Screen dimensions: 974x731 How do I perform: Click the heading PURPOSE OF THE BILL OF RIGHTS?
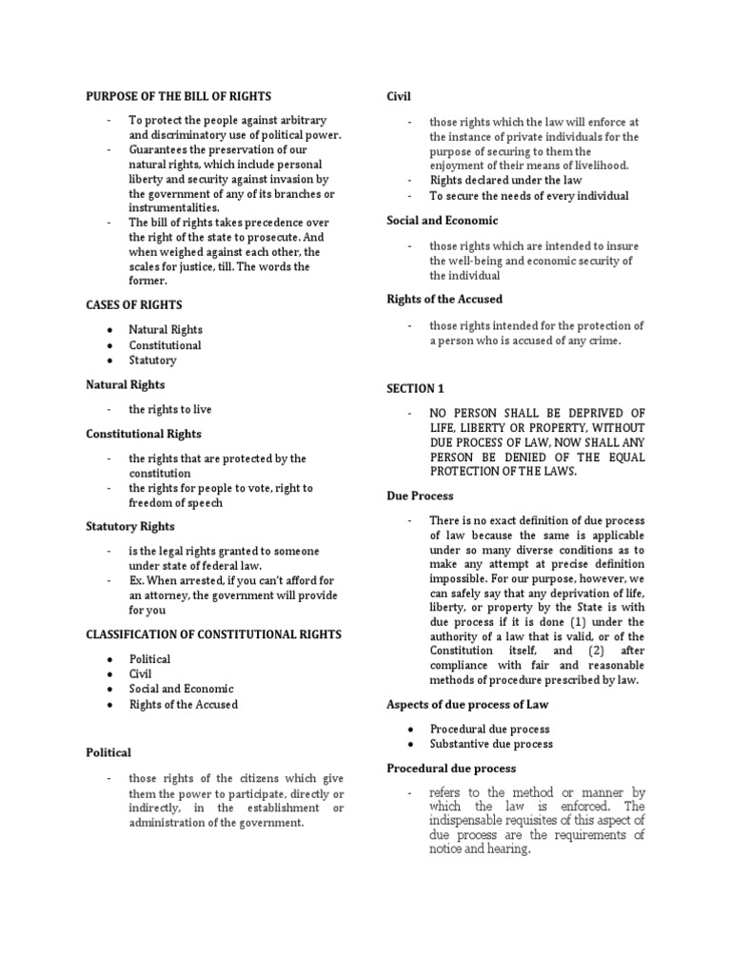pyautogui.click(x=178, y=96)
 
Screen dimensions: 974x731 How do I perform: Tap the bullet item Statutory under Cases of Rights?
pyautogui.click(x=152, y=360)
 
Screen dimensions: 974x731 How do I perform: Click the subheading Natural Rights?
pyautogui.click(x=125, y=385)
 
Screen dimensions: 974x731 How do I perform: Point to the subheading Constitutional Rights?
pyautogui.click(x=144, y=434)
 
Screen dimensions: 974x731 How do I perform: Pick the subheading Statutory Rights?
pyautogui.click(x=130, y=526)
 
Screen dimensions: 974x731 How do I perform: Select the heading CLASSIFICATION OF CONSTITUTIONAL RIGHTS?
pyautogui.click(x=213, y=634)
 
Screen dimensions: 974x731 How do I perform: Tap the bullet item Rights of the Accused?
pyautogui.click(x=184, y=705)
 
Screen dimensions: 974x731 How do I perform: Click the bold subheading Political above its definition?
pyautogui.click(x=109, y=752)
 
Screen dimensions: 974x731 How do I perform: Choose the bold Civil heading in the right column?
pyautogui.click(x=398, y=96)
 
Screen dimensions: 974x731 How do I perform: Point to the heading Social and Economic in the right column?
pyautogui.click(x=441, y=220)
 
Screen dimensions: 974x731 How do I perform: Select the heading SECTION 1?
pyautogui.click(x=415, y=389)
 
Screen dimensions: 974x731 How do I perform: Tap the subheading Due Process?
pyautogui.click(x=420, y=496)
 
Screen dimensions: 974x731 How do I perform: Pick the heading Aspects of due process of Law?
pyautogui.click(x=466, y=704)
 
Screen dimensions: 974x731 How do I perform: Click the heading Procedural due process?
pyautogui.click(x=451, y=768)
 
